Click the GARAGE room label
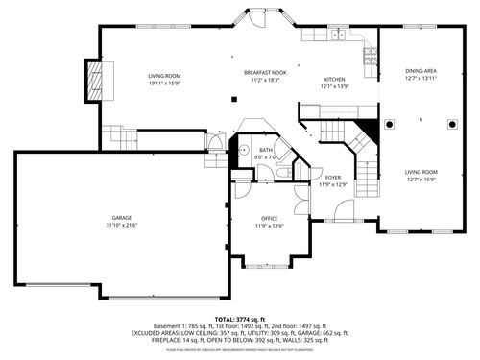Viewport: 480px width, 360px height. coord(122,217)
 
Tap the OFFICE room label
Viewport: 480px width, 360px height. coord(270,219)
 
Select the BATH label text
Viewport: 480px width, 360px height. coord(266,150)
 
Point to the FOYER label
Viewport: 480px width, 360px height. coord(332,178)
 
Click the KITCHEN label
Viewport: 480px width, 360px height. coord(335,79)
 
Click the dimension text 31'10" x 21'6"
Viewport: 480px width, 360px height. coord(122,225)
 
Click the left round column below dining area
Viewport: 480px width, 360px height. coord(391,124)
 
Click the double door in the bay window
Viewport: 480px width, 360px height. coord(258,19)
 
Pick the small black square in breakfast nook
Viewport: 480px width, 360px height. coord(233,97)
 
